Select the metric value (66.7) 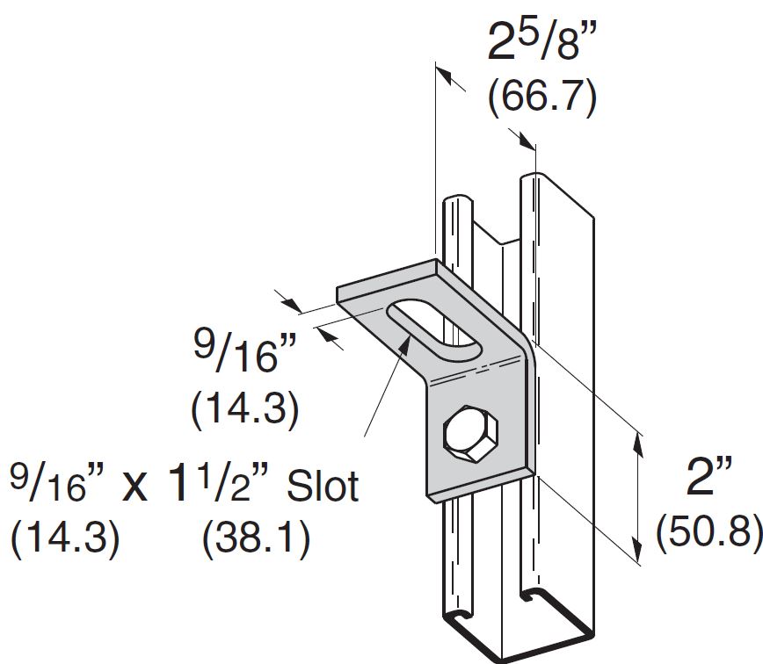[x=542, y=97]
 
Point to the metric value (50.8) [x=708, y=530]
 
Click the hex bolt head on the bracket [x=470, y=433]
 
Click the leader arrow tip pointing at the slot [x=406, y=339]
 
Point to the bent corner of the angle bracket [x=519, y=351]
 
